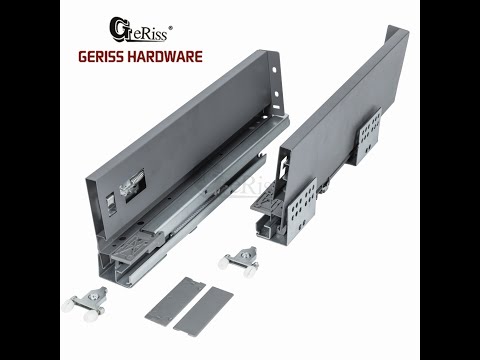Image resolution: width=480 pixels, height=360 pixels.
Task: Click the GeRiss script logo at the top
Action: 140,30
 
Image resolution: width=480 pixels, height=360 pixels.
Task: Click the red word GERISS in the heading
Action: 102,57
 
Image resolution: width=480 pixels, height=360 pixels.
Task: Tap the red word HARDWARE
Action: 165,57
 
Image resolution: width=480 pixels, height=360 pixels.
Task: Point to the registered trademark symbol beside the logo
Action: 170,28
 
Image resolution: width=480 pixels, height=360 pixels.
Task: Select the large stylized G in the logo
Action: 118,30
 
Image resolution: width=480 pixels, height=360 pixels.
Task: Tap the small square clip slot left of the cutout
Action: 111,204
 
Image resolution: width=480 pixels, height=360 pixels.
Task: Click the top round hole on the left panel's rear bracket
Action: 274,70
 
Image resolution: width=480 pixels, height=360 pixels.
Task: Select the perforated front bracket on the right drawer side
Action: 302,208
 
